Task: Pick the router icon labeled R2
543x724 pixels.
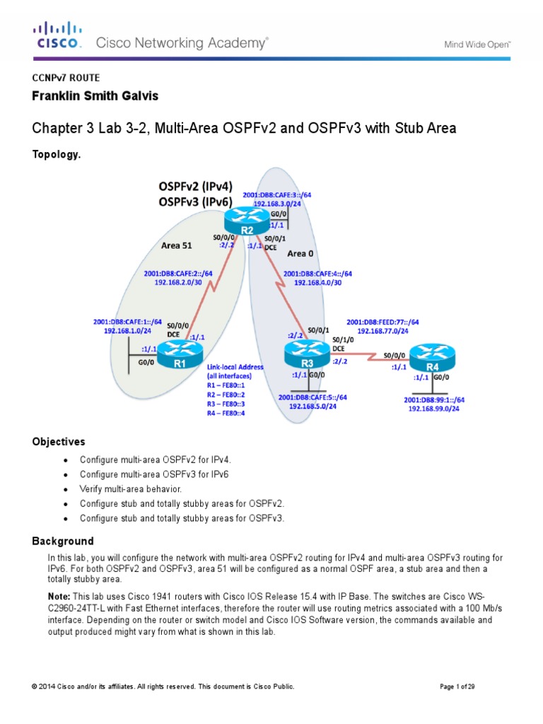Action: (x=247, y=220)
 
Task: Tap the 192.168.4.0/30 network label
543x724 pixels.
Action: (x=317, y=282)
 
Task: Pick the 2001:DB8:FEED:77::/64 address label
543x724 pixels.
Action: (x=383, y=321)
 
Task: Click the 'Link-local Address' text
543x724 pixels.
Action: (x=235, y=367)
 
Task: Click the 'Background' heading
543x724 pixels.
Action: (x=62, y=542)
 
